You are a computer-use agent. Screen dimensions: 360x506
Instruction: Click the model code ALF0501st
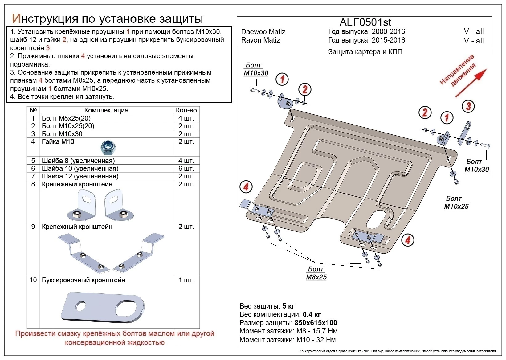pos(365,22)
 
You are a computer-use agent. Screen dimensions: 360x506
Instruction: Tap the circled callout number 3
pos(468,107)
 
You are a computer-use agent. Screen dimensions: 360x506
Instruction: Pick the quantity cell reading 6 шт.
pos(186,169)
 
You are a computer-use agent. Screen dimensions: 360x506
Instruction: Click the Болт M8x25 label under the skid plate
pos(316,273)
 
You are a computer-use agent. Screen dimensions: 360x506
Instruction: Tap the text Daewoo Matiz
pos(263,32)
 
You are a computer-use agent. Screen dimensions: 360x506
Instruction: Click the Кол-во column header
pos(186,110)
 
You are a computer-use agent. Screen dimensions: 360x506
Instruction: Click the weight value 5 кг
pos(288,306)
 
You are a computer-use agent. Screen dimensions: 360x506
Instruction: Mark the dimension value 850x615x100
pos(316,323)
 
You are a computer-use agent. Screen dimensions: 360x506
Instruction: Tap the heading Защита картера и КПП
pos(365,52)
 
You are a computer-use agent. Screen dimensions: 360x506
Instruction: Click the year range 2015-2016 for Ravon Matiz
pos(388,40)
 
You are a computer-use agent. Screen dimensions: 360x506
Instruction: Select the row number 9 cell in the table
pos(33,227)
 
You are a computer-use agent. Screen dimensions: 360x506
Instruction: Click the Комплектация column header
pos(106,110)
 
